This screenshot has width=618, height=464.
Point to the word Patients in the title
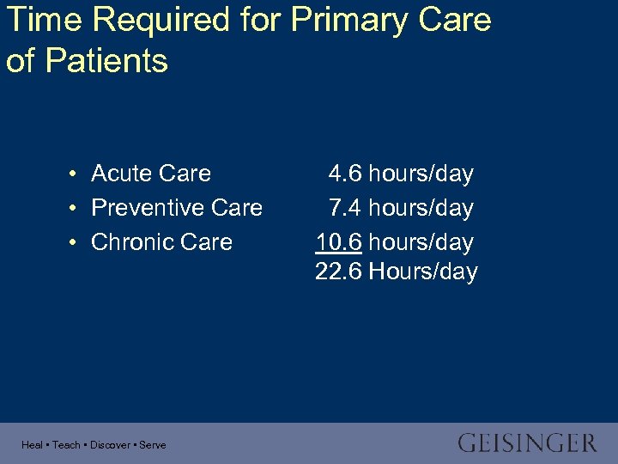pos(105,61)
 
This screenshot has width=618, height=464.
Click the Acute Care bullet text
pos(151,174)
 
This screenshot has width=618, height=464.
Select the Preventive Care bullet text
pos(177,208)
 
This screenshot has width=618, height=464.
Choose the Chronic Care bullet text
pos(161,242)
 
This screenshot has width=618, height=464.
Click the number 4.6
pos(345,174)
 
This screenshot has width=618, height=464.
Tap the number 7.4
pos(345,208)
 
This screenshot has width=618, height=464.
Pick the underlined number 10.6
pos(339,242)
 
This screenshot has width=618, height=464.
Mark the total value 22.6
pos(339,272)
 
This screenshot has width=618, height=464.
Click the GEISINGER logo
pos(527,443)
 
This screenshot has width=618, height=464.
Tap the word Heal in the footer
pos(32,445)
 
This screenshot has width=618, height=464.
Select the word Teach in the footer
pos(66,445)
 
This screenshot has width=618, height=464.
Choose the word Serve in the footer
pos(153,445)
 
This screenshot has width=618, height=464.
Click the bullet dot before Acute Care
pos(76,174)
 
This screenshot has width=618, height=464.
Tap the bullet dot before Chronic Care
pos(76,243)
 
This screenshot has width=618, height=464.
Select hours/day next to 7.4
pos(421,208)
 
